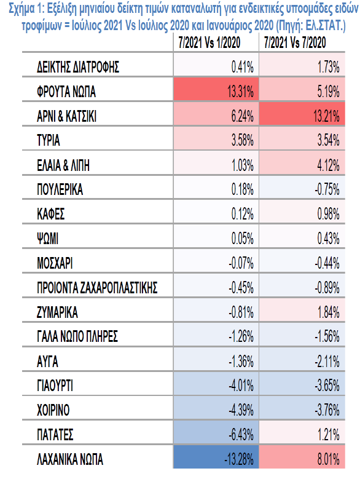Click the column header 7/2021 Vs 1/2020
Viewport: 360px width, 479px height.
pos(209,42)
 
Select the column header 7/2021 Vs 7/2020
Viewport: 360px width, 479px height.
pos(295,42)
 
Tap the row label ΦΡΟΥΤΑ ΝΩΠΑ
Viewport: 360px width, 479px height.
pos(66,92)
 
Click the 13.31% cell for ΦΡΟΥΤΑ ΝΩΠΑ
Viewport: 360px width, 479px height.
pos(216,89)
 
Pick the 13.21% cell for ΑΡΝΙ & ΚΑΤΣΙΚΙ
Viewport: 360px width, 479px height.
pos(302,114)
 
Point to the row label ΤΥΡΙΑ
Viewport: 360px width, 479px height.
pos(48,141)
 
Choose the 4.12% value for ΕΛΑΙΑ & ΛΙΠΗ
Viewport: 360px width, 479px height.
pos(328,165)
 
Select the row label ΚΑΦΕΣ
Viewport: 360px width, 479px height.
pos(50,214)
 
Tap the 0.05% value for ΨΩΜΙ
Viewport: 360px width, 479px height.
pos(242,239)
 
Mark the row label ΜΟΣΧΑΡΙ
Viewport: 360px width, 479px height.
pos(55,263)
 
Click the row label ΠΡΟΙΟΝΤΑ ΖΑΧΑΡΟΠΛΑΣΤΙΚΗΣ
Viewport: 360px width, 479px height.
pos(97,288)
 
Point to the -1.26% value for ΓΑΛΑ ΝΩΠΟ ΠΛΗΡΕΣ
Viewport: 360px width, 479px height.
pos(241,336)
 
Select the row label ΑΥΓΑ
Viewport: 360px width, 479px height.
pos(47,362)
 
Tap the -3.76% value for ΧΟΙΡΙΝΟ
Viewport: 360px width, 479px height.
pos(327,410)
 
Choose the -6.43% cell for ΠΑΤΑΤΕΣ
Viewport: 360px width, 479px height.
pos(216,432)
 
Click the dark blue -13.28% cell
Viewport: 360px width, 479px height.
pos(216,457)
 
